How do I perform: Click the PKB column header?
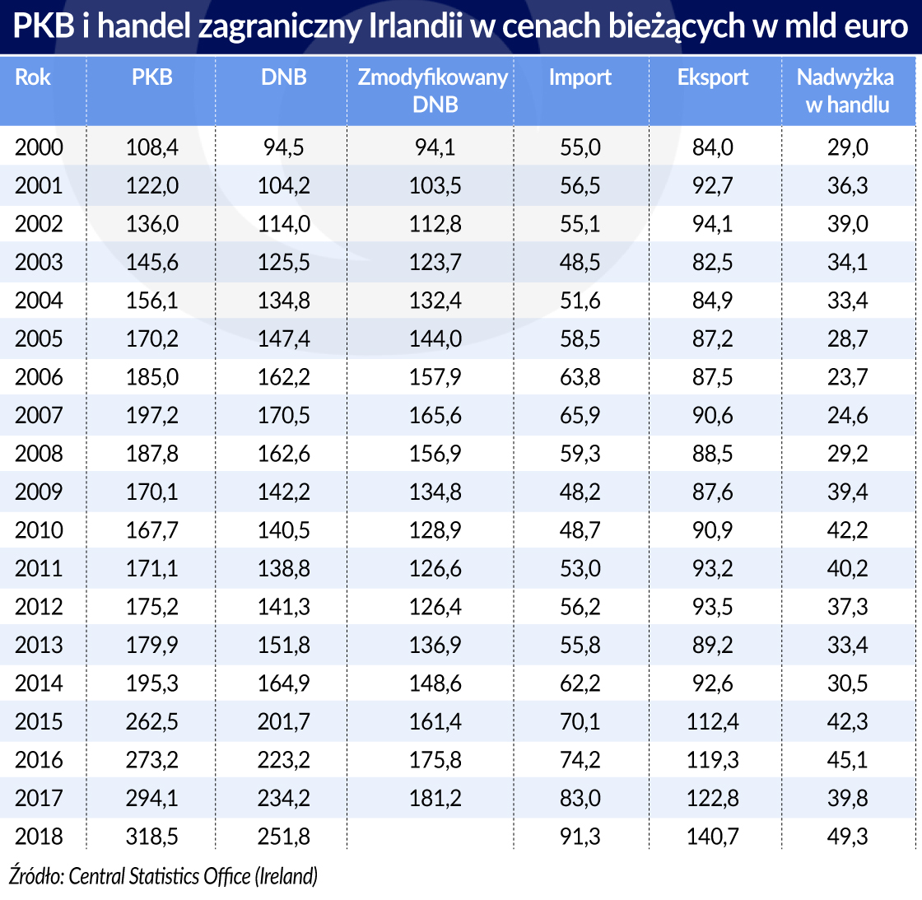coord(151,77)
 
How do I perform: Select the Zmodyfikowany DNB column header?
coord(433,91)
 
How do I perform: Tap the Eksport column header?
coord(713,77)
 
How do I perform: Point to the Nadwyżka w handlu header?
coord(847,91)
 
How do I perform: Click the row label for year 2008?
coord(39,454)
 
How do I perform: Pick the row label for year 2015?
coord(39,721)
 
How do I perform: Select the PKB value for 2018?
coord(151,837)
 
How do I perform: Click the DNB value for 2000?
coord(284,147)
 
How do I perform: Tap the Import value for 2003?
coord(580,262)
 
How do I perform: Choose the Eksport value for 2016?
coord(713,760)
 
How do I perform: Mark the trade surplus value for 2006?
coord(847,377)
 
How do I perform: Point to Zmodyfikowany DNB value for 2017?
coord(435,798)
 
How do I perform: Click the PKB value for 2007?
coord(151,415)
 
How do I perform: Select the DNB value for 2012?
coord(284,607)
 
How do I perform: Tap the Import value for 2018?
coord(580,837)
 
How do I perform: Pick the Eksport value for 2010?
coord(713,530)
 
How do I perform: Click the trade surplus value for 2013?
coord(847,645)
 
